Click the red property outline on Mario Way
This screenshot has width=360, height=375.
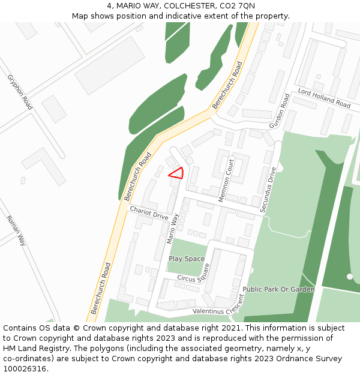177,173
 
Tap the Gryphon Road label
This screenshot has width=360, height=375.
20,92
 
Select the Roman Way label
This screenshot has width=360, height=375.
16,230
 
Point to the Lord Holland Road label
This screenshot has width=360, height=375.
324,98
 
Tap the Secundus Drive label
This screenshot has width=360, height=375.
268,190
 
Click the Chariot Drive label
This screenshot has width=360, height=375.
149,212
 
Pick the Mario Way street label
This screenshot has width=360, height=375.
173,228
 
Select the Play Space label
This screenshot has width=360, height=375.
186,259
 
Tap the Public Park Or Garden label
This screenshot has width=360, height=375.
278,289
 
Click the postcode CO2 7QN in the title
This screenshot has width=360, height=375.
238,6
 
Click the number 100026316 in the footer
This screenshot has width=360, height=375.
25,369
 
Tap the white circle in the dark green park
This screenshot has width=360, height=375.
350,277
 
